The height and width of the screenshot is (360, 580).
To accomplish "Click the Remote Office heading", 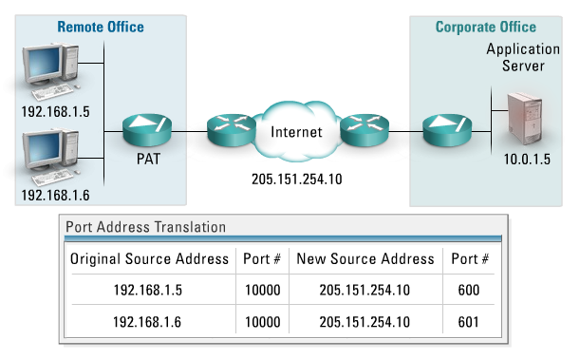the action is (101, 27).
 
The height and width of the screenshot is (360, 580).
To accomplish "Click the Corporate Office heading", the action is (486, 27).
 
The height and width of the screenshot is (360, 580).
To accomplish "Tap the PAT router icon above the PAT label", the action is (147, 129).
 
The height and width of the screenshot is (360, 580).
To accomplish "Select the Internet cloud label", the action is (296, 132).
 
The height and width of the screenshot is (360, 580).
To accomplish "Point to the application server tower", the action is (525, 118).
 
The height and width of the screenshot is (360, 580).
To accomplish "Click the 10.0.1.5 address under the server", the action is (527, 160).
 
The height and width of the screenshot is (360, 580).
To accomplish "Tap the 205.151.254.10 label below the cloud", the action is (297, 180).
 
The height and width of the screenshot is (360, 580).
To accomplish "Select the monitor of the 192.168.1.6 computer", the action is (43, 148).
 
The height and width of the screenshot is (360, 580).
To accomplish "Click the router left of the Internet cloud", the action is (232, 129).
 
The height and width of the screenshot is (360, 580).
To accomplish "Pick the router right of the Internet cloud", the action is (365, 129).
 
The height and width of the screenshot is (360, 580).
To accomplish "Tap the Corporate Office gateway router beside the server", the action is (447, 129).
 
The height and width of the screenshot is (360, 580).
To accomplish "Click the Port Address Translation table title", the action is (146, 227).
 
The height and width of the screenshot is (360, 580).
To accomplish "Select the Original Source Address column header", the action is (149, 259).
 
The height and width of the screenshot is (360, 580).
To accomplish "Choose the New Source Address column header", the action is (365, 259).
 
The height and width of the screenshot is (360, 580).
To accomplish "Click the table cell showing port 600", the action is (469, 290).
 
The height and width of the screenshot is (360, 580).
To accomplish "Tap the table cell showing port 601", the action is (469, 322).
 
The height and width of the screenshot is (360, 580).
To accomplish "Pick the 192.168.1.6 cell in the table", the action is (147, 322).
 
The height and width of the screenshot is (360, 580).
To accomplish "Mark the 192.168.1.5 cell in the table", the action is (148, 290).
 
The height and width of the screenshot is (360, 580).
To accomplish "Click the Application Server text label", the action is (523, 57).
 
